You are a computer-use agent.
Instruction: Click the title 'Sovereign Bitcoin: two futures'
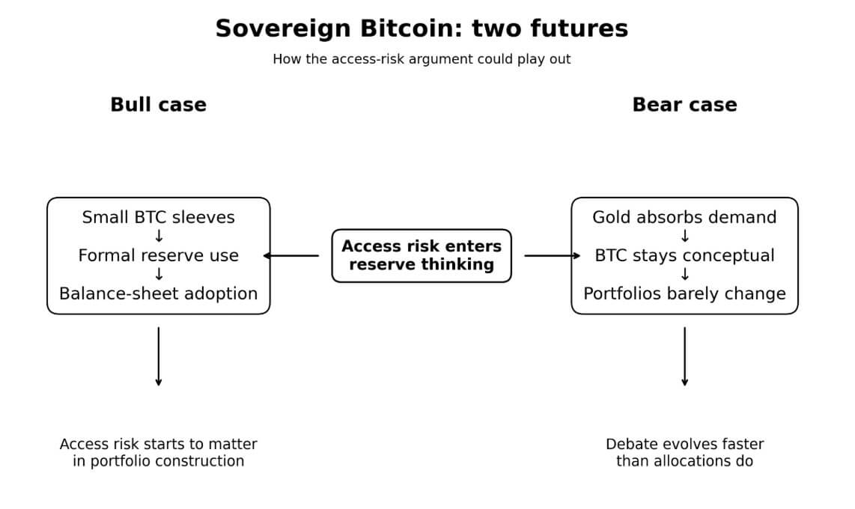coord(422,28)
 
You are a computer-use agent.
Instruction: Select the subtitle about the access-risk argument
coord(422,59)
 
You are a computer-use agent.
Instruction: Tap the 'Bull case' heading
coord(158,105)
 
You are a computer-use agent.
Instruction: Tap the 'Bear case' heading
coord(684,105)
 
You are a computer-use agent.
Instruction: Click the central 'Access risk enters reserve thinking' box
coord(422,255)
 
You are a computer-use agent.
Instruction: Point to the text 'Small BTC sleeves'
coord(158,217)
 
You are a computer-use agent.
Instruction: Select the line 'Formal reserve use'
coord(158,255)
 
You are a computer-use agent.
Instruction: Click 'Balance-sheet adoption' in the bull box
coord(158,293)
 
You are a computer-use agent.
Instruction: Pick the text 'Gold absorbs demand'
coord(684,217)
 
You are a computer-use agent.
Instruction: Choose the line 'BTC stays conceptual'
coord(684,255)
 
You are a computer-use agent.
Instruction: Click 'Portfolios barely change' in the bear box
coord(684,293)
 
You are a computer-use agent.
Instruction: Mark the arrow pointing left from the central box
coord(292,256)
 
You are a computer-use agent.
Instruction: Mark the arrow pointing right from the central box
coord(553,256)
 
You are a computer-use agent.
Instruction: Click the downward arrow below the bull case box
coord(158,356)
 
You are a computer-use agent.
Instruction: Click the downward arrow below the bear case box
coord(684,356)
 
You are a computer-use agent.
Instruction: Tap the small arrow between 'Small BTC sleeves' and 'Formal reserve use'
coord(158,237)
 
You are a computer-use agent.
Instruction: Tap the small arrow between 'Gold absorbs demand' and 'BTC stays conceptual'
coord(684,237)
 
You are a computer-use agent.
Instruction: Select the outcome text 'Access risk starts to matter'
coord(158,444)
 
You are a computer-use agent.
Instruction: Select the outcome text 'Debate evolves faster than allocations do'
coord(684,452)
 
